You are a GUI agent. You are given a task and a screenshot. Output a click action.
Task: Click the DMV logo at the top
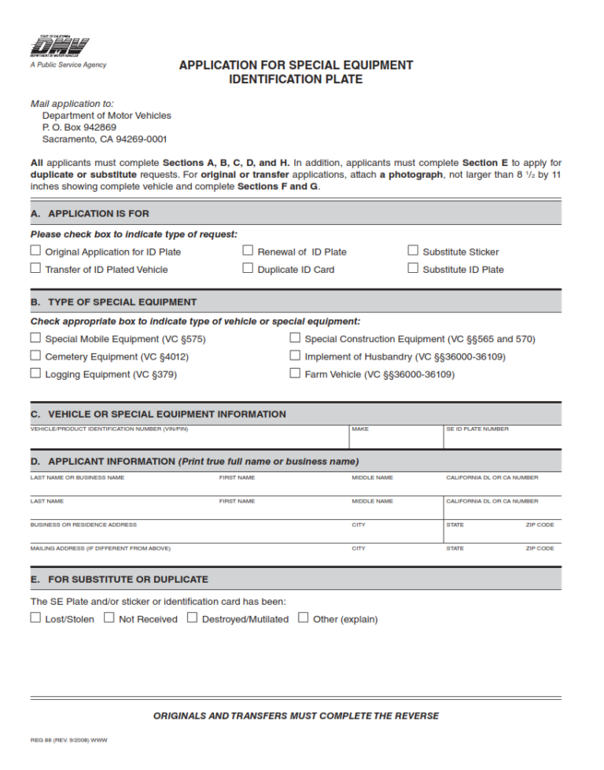click(x=59, y=47)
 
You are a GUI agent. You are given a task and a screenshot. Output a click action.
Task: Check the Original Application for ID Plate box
click(x=35, y=251)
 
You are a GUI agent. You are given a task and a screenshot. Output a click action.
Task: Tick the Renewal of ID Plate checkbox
click(x=248, y=251)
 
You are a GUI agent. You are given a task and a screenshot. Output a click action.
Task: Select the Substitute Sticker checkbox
click(x=413, y=251)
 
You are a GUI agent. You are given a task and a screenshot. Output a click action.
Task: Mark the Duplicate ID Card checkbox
click(x=248, y=268)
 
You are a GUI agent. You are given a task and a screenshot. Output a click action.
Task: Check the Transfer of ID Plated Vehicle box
click(x=35, y=268)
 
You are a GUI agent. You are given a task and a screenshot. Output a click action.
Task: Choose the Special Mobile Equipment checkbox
click(x=35, y=338)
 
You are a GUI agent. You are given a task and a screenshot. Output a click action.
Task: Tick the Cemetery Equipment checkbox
click(x=35, y=356)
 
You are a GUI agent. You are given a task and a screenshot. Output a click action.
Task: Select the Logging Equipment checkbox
click(x=35, y=374)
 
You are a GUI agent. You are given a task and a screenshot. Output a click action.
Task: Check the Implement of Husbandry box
click(x=295, y=356)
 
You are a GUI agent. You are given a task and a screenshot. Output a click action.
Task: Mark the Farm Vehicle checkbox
click(x=295, y=374)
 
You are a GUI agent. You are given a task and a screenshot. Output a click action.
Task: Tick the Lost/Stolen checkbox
click(x=35, y=618)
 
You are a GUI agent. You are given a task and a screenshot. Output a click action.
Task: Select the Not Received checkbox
click(x=109, y=618)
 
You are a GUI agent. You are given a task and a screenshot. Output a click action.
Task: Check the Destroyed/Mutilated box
click(x=192, y=618)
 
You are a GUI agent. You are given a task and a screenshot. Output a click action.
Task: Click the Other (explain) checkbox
click(x=304, y=618)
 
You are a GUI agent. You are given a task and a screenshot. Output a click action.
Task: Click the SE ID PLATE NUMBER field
click(x=502, y=440)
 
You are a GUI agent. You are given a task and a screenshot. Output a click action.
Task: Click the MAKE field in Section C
click(x=396, y=440)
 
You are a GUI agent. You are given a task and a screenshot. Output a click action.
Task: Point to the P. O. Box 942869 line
click(x=79, y=127)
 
